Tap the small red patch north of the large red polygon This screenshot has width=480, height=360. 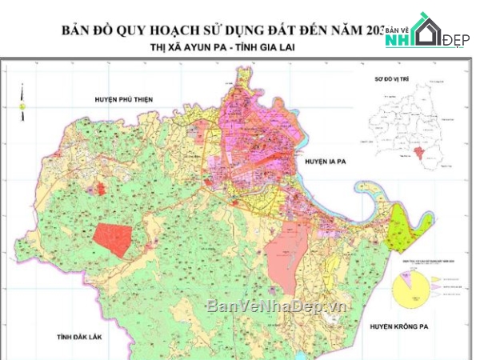coord(102,189)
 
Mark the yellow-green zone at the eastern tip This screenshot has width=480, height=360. coord(403,229)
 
